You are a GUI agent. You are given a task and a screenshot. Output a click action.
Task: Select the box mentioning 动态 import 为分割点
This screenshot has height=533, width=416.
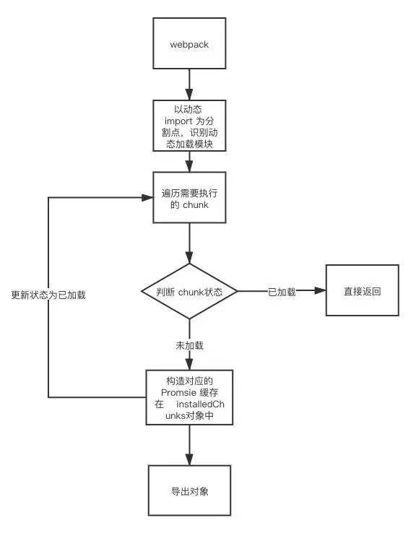(x=189, y=125)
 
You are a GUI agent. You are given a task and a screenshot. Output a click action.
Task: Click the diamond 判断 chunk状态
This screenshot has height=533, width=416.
(x=189, y=292)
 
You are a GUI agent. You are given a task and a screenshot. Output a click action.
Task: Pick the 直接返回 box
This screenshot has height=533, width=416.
(x=362, y=291)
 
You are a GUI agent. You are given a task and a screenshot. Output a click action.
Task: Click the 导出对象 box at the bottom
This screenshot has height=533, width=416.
(x=189, y=491)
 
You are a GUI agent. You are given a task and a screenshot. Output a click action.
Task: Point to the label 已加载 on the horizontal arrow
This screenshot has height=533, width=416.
(x=282, y=292)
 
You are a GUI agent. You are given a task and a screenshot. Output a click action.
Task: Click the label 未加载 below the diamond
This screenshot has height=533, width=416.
(x=189, y=345)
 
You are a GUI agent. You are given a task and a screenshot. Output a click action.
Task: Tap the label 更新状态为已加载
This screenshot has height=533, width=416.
(x=48, y=295)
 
